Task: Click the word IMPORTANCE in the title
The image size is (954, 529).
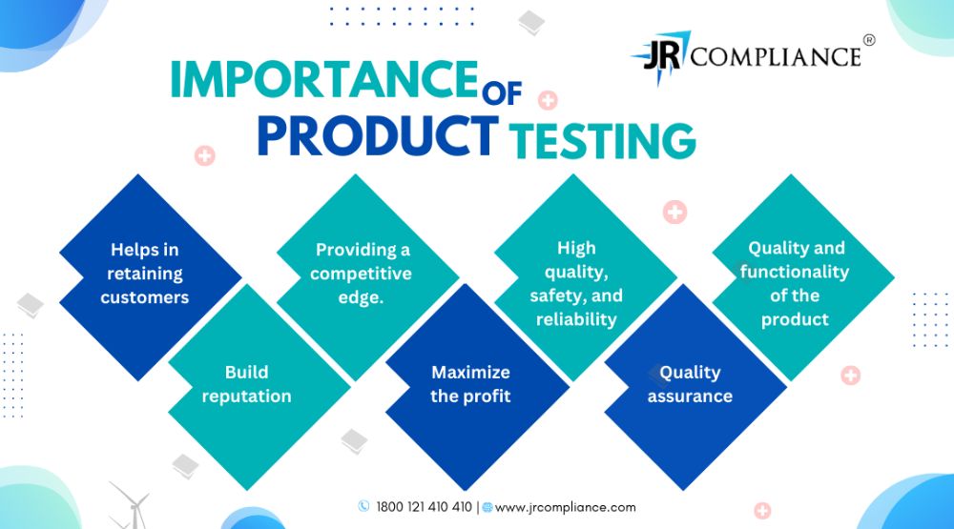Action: click(323, 80)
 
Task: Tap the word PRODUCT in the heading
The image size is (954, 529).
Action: click(377, 135)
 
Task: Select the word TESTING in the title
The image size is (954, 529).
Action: click(602, 140)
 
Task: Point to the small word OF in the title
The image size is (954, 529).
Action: click(502, 93)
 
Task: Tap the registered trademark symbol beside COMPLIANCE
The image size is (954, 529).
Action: click(869, 40)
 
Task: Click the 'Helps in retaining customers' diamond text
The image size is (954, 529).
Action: click(145, 273)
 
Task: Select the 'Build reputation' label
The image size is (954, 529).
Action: click(246, 384)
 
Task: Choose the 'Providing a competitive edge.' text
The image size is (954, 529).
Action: click(362, 273)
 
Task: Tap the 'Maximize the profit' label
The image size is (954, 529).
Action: click(470, 384)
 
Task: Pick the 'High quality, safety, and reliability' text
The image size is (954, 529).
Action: click(576, 283)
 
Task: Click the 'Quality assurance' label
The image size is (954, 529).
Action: click(690, 384)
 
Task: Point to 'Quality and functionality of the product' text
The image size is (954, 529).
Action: click(796, 283)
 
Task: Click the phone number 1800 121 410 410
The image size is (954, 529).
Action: click(425, 507)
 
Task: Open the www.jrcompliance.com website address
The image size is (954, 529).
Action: click(565, 507)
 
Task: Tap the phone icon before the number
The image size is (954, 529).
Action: click(363, 506)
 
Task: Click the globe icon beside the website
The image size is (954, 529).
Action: click(487, 507)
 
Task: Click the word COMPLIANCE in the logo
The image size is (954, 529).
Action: click(776, 57)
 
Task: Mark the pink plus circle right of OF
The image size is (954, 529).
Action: click(548, 100)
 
